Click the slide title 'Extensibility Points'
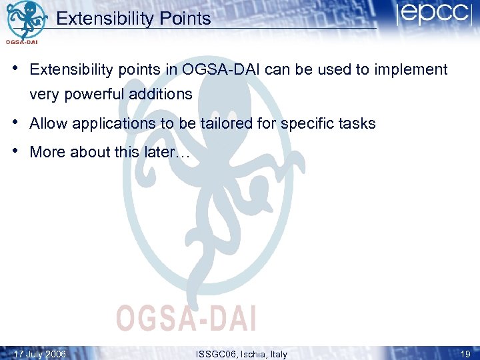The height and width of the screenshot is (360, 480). click(133, 19)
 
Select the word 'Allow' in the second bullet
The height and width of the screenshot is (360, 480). click(49, 123)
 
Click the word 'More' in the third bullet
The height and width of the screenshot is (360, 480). click(47, 152)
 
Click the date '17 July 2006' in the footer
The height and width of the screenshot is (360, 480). click(39, 354)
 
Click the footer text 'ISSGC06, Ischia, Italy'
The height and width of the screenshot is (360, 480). click(241, 354)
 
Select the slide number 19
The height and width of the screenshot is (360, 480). click(465, 354)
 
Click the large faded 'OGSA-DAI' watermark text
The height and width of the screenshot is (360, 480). click(186, 318)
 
